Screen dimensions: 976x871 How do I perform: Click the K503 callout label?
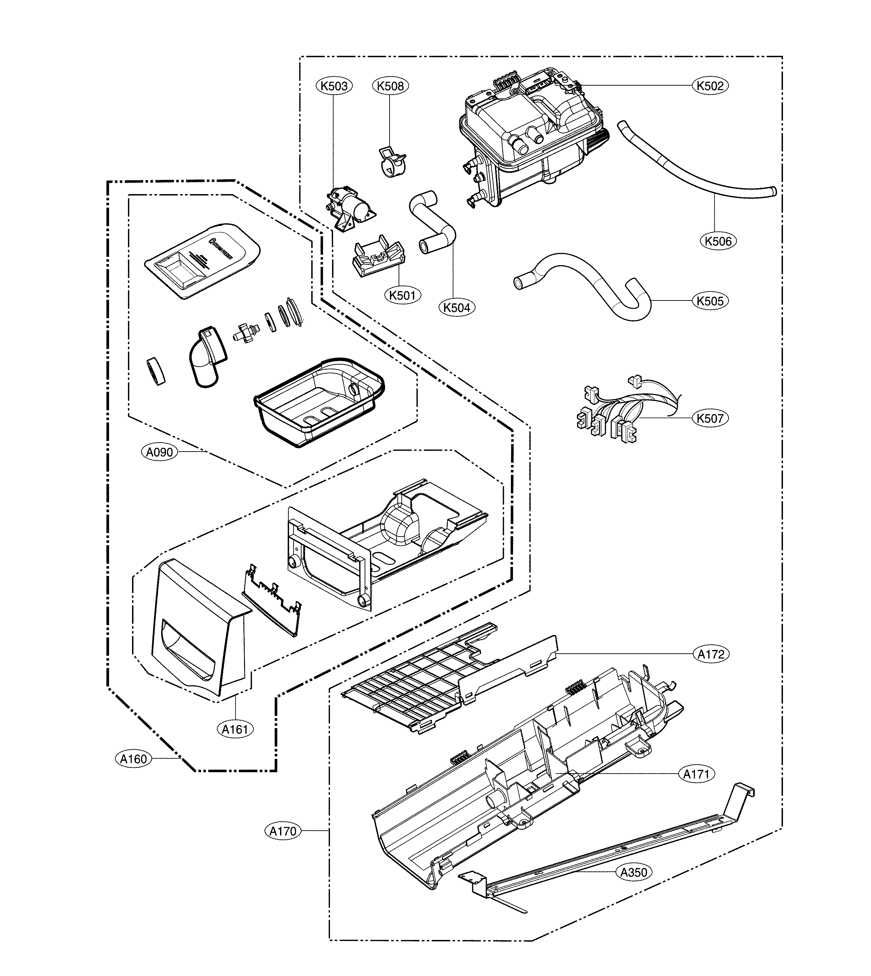click(334, 86)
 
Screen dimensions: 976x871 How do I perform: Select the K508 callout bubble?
click(390, 86)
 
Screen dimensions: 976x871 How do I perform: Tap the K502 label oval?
click(710, 86)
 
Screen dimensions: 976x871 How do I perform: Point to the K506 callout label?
click(718, 241)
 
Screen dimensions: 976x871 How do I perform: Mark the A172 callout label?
click(711, 654)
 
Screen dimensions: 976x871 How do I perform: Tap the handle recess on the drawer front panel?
click(189, 648)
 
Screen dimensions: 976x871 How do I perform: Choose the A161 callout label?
click(235, 729)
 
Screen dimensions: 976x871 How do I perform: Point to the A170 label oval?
click(283, 831)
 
